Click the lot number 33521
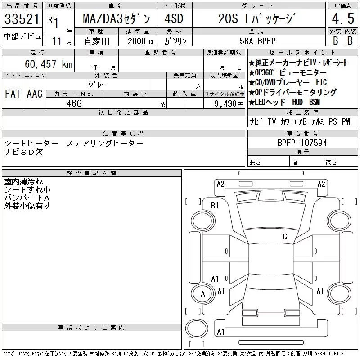(x=22, y=19)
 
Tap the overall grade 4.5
(x=343, y=18)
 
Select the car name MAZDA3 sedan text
(x=117, y=19)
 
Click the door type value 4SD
(x=174, y=18)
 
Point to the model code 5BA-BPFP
(x=257, y=41)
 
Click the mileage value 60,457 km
(x=49, y=64)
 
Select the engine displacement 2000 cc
(x=141, y=41)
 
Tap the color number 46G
(x=74, y=103)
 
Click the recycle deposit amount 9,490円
(x=229, y=104)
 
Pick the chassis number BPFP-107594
(x=302, y=143)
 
